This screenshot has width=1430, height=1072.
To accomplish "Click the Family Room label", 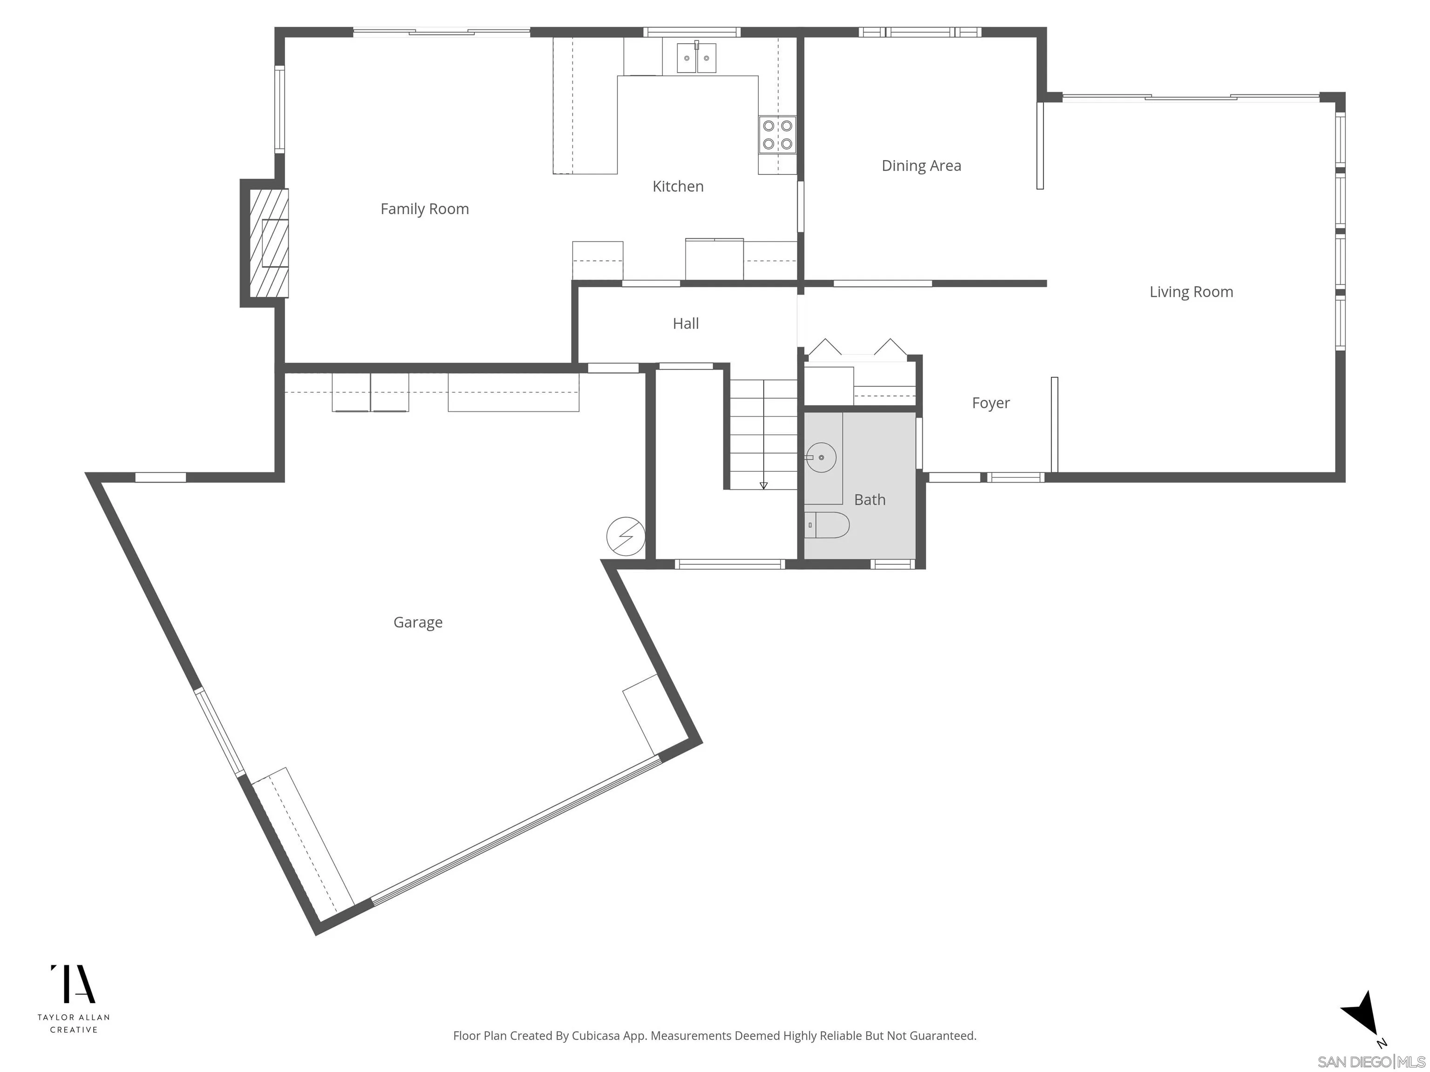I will pos(424,209).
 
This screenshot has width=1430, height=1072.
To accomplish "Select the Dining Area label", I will pos(921,166).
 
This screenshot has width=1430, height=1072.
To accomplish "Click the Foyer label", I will pos(991,402).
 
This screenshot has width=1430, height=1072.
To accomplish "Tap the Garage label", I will pos(418,622).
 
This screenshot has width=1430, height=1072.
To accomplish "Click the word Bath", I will pos(870,500).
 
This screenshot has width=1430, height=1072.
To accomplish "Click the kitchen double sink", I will pos(696,58).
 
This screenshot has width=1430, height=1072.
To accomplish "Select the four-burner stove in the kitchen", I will pos(777,134).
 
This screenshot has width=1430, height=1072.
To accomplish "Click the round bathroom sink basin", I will pos(821,457).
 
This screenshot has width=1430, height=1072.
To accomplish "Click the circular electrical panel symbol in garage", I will pos(625,536).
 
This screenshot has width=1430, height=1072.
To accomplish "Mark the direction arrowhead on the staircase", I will pos(763,485).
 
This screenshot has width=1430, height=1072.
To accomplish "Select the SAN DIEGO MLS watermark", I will pos(1370,1062).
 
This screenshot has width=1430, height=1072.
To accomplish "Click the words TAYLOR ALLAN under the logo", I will pos(73,1017).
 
